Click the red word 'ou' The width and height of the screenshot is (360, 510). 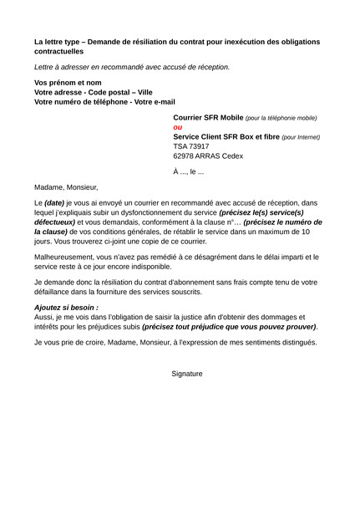pos(177,127)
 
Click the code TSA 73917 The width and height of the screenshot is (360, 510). pos(191,145)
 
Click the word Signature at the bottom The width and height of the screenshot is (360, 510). pos(187,373)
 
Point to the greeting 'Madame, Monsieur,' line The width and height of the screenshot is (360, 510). pos(66,187)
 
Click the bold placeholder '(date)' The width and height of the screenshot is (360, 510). pos(54,203)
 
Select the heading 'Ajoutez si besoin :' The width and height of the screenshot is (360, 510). pos(66,308)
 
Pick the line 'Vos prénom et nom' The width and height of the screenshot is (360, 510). pos(68,83)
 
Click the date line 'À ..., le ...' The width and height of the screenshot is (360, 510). pos(188,171)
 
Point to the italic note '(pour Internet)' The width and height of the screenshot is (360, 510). pos(301,137)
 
